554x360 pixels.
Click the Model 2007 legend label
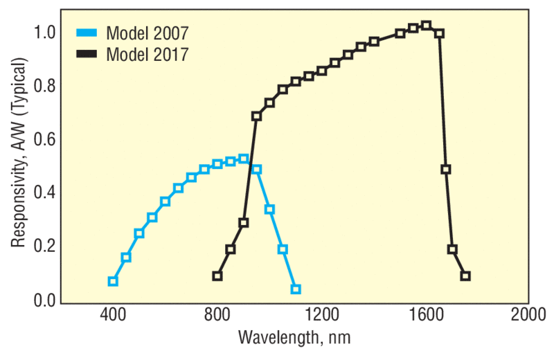click(147, 33)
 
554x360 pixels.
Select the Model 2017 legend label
click(147, 55)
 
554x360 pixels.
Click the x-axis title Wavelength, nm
click(295, 339)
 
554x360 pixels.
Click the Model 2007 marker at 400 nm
click(113, 281)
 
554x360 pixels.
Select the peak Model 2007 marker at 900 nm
click(243, 159)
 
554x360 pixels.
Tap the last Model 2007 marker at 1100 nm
click(296, 289)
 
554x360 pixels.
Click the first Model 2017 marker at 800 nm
click(217, 276)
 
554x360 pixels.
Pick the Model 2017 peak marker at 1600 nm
click(426, 26)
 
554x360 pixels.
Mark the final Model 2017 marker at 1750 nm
click(465, 276)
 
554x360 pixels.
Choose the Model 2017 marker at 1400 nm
click(374, 42)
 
